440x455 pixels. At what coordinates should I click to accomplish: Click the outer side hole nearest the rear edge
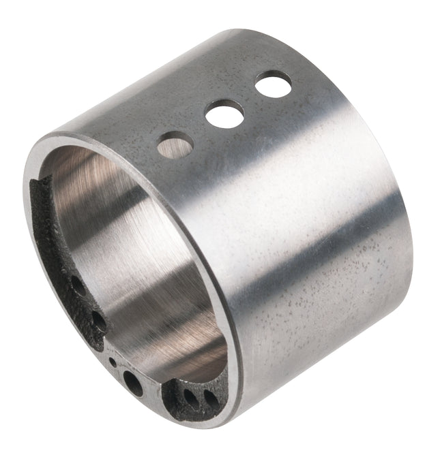point(273,84)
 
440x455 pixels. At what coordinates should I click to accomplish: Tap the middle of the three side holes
point(224,113)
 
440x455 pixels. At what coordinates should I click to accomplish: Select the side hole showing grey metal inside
point(175,144)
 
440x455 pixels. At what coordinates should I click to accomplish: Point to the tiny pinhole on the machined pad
point(112,362)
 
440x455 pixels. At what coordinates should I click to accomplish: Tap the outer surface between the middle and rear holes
point(250,99)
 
